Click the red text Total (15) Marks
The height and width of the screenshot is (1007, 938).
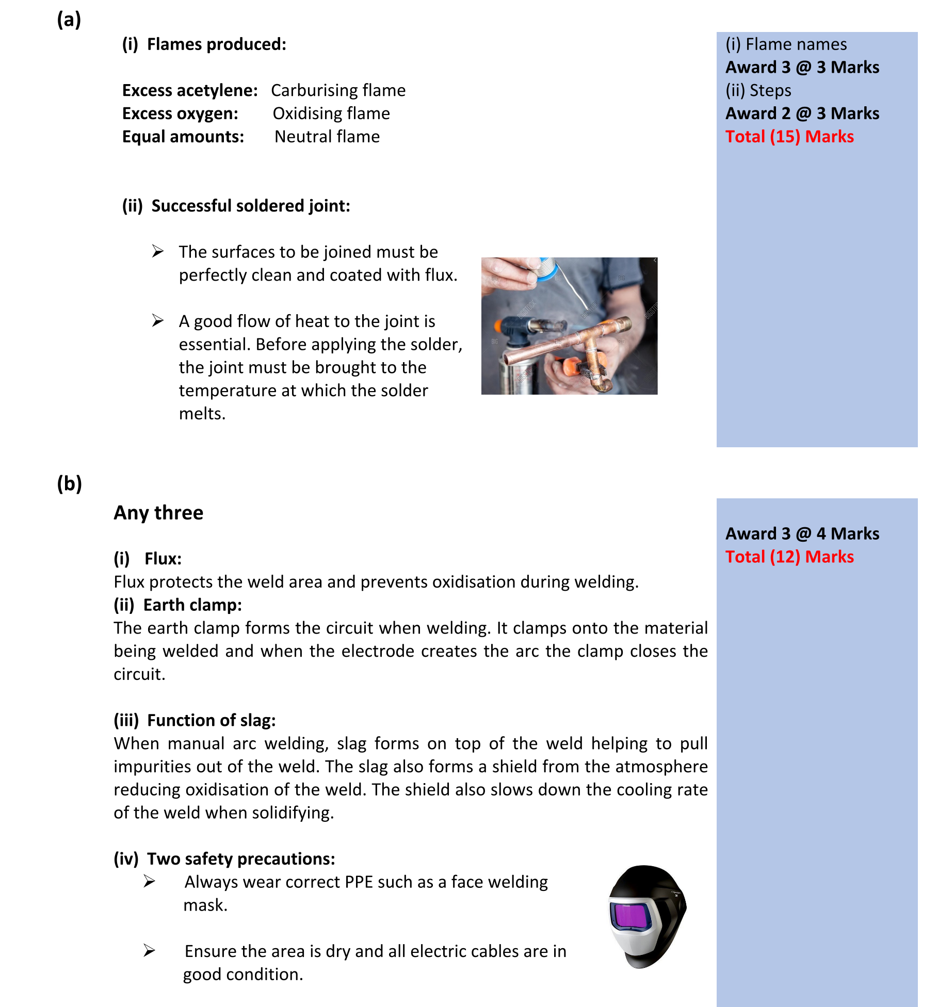point(789,137)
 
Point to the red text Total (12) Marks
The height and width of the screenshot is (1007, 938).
point(789,557)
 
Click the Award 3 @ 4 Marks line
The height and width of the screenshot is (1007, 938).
point(802,534)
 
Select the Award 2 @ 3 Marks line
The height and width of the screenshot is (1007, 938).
point(802,113)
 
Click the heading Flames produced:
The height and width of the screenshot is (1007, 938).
point(216,44)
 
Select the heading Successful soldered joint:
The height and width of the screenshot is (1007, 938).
point(250,206)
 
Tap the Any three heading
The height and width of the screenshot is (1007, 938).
point(158,513)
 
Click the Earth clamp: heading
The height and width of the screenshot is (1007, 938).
point(192,605)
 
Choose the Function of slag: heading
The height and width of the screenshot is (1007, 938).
point(211,721)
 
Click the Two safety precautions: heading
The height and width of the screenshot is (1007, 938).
point(240,859)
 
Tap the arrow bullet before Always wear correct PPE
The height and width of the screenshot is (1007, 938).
point(150,882)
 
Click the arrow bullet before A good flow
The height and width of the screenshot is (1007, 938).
point(158,321)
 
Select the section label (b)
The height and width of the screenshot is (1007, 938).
point(69,484)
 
